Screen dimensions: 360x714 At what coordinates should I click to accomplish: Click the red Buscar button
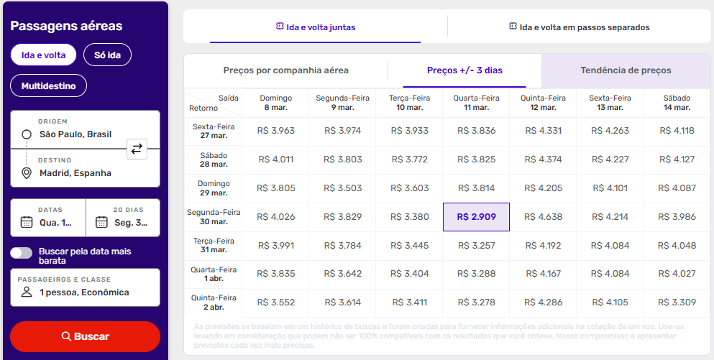(x=85, y=336)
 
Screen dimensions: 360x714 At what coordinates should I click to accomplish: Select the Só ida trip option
(x=107, y=55)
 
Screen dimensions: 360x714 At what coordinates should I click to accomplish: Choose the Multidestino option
(x=48, y=86)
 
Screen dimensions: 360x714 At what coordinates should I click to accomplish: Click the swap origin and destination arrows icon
(x=137, y=149)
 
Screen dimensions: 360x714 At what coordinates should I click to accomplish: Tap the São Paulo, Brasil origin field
(x=75, y=134)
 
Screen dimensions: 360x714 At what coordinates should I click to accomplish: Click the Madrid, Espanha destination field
(x=75, y=173)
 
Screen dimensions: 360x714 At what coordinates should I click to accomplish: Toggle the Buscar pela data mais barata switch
(x=22, y=253)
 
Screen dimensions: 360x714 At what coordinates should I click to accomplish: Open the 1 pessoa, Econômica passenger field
(x=85, y=292)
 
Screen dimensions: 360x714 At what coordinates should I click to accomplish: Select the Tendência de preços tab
(x=626, y=70)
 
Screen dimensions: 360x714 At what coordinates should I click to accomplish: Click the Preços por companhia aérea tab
(x=285, y=70)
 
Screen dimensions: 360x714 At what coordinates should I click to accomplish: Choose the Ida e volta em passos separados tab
(x=579, y=27)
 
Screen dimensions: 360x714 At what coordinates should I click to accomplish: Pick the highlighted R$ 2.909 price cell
(x=476, y=217)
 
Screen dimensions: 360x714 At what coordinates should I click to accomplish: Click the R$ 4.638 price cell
(x=544, y=217)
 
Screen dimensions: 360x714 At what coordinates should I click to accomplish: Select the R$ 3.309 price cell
(x=677, y=303)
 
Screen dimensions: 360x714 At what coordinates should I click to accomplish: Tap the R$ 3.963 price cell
(x=275, y=131)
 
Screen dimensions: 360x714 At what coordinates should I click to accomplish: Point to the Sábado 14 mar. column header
(x=677, y=103)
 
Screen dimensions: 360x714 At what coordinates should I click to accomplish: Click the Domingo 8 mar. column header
(x=275, y=103)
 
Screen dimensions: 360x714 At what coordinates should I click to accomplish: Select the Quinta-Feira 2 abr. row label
(x=214, y=303)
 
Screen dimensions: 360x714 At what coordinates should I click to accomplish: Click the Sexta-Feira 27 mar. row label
(x=214, y=131)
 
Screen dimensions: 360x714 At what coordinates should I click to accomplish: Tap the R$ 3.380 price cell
(x=409, y=217)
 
